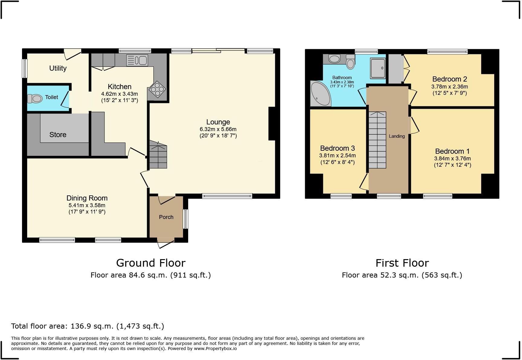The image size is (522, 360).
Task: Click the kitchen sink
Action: pos(137,60)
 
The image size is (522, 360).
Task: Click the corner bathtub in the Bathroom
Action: pos(320,94)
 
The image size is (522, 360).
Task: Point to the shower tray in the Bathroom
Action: pos(378,68)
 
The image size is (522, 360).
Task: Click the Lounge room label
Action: pos(218,122)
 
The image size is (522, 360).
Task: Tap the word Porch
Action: pos(166,217)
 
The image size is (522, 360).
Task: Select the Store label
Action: pos(58,135)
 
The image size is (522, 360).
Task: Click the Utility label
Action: pos(58,68)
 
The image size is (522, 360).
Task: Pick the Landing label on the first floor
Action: pos(397,136)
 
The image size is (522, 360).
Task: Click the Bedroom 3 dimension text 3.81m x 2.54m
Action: pos(337,156)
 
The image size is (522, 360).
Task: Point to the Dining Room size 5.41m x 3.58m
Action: pos(87,205)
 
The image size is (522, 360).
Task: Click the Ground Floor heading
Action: pos(151,263)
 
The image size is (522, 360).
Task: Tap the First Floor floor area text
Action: pos(402,275)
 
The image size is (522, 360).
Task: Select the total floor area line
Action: pos(88,326)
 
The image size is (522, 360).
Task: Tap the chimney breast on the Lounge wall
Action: pos(272,124)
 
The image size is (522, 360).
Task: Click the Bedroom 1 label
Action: pos(452,151)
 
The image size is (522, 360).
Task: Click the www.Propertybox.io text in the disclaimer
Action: pos(215,349)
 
